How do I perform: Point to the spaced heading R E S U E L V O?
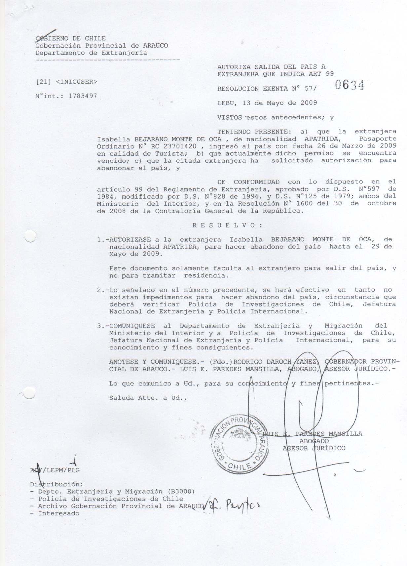[x=228, y=225]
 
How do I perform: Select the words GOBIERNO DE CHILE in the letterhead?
[x=71, y=39]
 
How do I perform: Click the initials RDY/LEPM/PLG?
[x=55, y=470]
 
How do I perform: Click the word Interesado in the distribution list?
[x=59, y=513]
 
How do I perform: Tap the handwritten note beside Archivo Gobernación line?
[x=231, y=505]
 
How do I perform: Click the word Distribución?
[x=55, y=484]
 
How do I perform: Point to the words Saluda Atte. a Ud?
[x=148, y=398]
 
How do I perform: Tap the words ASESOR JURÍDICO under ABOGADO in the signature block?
[x=314, y=448]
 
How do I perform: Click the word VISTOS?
[x=230, y=117]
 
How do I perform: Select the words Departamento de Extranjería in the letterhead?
[x=91, y=53]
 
